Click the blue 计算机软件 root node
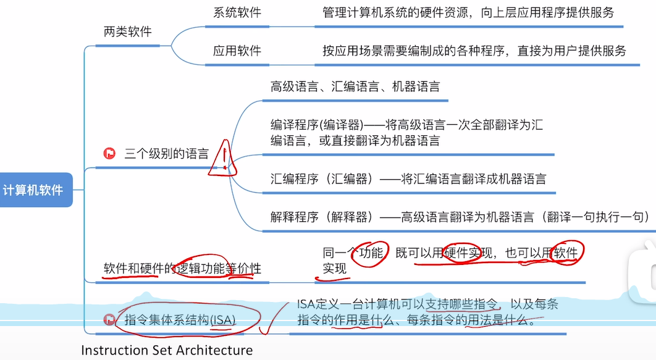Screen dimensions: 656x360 33,190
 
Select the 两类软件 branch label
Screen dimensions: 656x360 127,32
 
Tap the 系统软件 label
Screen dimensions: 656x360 237,12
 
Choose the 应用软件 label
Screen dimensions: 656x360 237,51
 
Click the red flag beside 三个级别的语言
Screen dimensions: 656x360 109,154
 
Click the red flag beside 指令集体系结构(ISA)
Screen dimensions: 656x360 109,319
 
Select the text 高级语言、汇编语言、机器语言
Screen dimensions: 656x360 355,86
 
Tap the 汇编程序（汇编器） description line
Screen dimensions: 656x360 408,179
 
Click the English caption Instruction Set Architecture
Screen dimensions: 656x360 167,350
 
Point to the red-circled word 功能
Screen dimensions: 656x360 372,253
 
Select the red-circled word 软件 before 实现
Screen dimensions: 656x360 566,253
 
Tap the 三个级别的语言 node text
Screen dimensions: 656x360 166,154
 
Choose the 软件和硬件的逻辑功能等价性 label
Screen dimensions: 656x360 182,269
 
